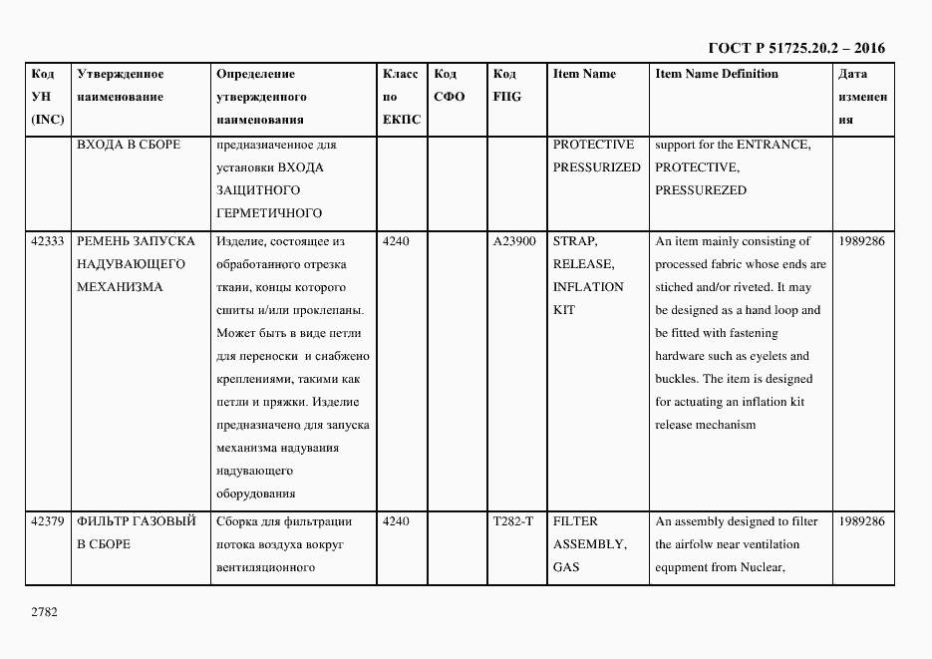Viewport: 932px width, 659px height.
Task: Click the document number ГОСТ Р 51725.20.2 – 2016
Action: point(795,48)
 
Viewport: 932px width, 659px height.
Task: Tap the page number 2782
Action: point(45,612)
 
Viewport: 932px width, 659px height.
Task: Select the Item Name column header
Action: point(584,75)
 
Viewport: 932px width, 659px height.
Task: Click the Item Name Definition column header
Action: point(717,75)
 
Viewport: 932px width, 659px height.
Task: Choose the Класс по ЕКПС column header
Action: point(401,97)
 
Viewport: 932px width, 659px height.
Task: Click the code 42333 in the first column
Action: point(48,241)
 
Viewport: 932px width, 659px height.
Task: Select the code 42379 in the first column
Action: point(48,521)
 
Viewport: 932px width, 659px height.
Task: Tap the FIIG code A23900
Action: point(514,241)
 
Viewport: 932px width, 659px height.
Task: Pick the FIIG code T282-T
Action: point(513,521)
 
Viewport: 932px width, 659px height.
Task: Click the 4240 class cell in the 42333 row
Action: point(396,241)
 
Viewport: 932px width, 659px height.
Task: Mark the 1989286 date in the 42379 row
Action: point(862,521)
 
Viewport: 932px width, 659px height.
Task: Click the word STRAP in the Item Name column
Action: point(574,241)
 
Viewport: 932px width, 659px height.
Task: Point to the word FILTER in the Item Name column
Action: point(575,521)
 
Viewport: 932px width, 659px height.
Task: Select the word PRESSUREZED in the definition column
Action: point(701,190)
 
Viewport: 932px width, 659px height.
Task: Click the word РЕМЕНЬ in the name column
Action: point(105,241)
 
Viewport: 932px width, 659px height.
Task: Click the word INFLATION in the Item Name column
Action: point(588,287)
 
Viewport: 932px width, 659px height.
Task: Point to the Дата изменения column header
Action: point(862,97)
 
